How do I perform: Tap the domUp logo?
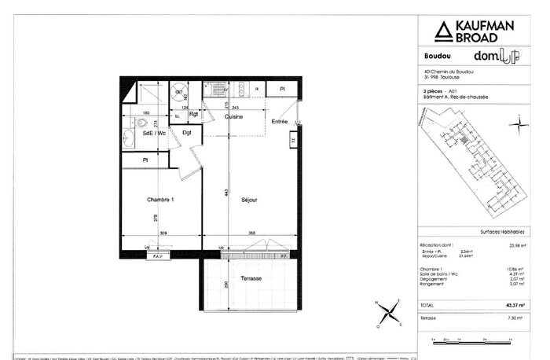point(496,56)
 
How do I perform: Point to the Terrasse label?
point(251,280)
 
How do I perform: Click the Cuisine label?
point(234,116)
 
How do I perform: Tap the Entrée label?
point(280,122)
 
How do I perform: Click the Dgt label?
point(187,133)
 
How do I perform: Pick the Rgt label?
point(193,114)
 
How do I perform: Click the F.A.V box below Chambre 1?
point(157,256)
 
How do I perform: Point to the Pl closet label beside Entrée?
point(281,90)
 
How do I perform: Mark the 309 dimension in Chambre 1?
point(163,233)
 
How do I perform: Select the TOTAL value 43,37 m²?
point(511,305)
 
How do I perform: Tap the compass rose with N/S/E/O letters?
point(386,312)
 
